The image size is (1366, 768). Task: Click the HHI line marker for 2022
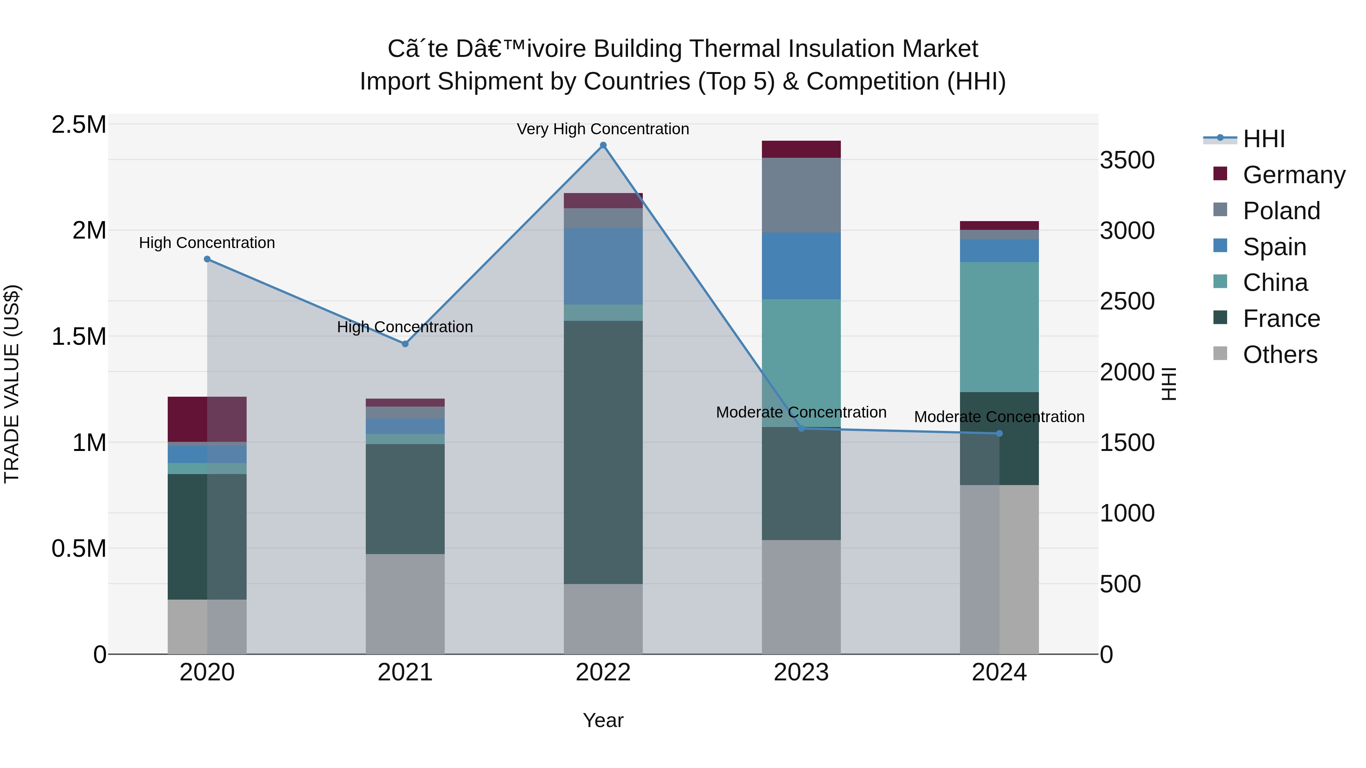click(603, 145)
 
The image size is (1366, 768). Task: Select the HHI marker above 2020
click(207, 259)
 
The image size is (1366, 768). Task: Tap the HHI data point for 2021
click(405, 344)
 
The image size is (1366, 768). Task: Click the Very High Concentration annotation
click(603, 129)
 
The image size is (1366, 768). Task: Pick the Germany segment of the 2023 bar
click(801, 149)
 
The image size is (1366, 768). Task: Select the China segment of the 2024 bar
click(999, 327)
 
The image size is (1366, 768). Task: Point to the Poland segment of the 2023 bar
click(801, 195)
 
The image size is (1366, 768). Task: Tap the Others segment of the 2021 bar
click(405, 604)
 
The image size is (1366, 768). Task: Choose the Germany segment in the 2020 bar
click(207, 419)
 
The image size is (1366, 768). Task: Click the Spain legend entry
click(1274, 247)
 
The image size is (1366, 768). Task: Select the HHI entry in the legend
click(1264, 139)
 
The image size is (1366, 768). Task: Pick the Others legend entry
click(1279, 355)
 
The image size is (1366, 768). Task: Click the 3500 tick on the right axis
click(1127, 160)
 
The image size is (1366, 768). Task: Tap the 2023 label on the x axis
click(801, 672)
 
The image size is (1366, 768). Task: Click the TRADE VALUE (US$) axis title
click(12, 384)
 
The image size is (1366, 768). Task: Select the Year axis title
click(603, 720)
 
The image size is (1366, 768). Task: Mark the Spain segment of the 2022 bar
click(603, 266)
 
